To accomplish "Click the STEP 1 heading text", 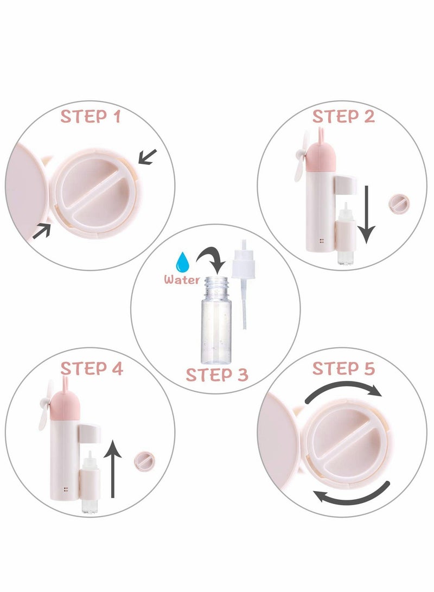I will click(90, 117).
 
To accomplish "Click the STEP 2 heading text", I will click(343, 117).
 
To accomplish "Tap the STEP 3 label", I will click(217, 374).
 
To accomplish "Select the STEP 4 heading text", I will click(92, 368).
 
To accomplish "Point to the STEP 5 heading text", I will click(343, 368).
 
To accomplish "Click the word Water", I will click(180, 280).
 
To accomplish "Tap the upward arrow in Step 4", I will click(113, 467).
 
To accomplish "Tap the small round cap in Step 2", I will click(398, 205).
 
